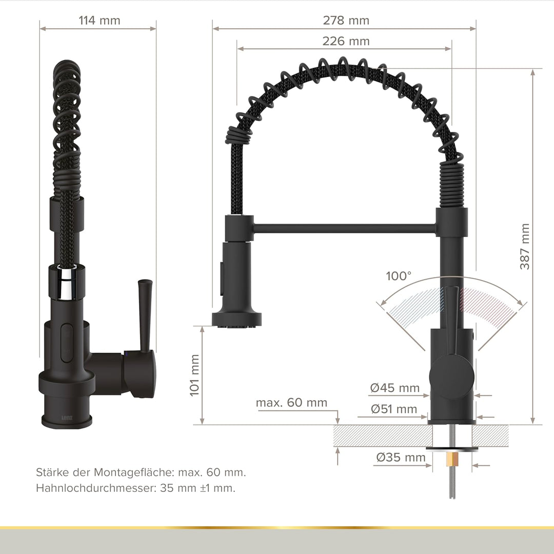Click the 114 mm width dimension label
pyautogui.click(x=99, y=21)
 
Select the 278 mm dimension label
pyautogui.click(x=346, y=21)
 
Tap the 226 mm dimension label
pyautogui.click(x=346, y=42)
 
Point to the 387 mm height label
pyautogui.click(x=525, y=246)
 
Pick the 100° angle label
pyautogui.click(x=399, y=276)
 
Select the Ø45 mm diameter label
pyautogui.click(x=394, y=388)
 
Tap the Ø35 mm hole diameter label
pyautogui.click(x=401, y=458)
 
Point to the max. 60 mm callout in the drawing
pyautogui.click(x=291, y=403)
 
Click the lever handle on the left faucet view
pyautogui.click(x=145, y=313)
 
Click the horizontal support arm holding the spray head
pyautogui.click(x=344, y=227)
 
